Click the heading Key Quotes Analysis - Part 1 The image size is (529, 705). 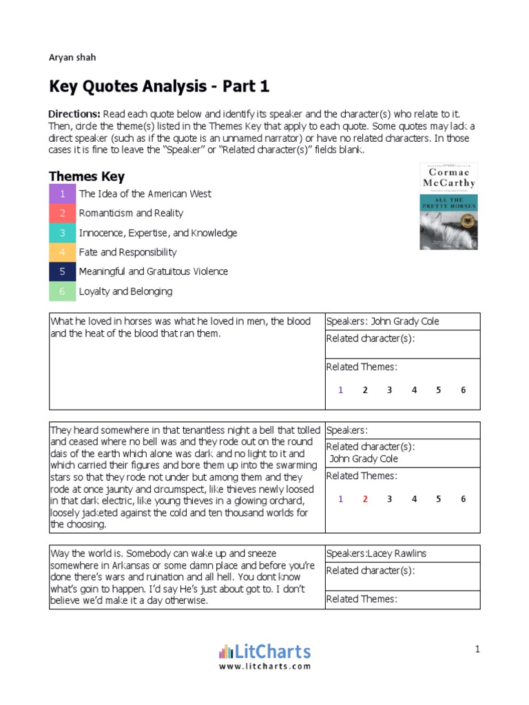click(158, 87)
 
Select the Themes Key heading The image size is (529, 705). click(86, 177)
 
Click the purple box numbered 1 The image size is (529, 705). click(62, 194)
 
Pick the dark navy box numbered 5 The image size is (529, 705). click(62, 271)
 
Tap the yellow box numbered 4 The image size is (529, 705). click(62, 252)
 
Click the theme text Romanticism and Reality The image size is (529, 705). click(131, 213)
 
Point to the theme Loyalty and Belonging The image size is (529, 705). click(125, 291)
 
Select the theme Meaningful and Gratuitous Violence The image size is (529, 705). click(153, 271)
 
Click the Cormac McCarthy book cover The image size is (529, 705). click(448, 206)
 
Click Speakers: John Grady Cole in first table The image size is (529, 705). click(383, 322)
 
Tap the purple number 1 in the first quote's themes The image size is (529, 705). click(340, 390)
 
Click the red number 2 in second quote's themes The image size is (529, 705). click(365, 499)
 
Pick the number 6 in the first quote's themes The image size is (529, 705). click(463, 390)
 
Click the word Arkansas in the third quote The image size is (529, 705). click(125, 565)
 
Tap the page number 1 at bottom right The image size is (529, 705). click(477, 649)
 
